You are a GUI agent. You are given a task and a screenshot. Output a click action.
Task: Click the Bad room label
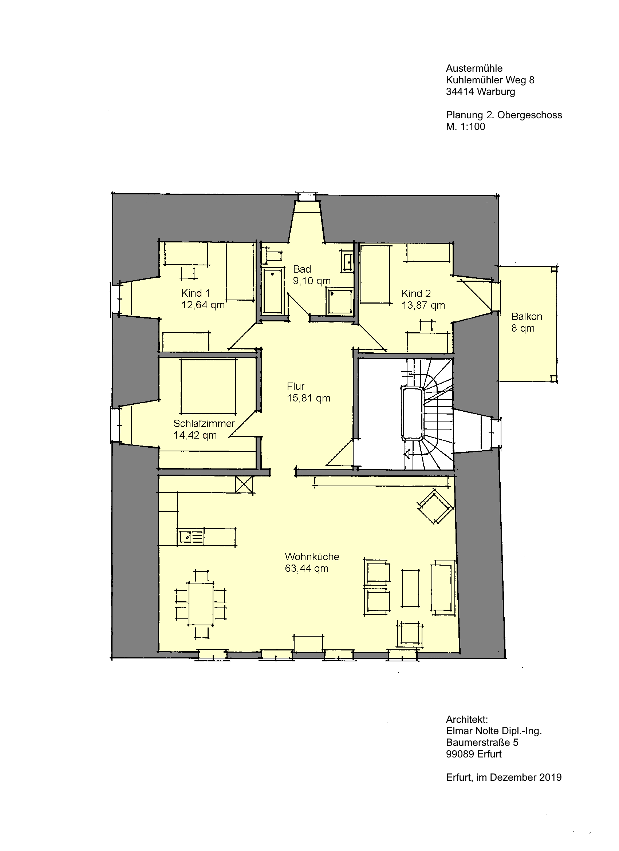[x=302, y=269]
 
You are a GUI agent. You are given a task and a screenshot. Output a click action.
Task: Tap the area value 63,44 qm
[x=307, y=568]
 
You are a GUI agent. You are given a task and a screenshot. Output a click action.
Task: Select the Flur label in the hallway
[x=295, y=386]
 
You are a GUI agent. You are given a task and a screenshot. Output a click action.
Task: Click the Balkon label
[x=527, y=316]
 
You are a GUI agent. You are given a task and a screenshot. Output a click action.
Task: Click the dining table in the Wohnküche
[x=201, y=604]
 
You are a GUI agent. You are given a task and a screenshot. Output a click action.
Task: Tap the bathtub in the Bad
[x=273, y=291]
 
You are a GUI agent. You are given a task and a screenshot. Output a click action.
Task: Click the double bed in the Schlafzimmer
[x=208, y=387]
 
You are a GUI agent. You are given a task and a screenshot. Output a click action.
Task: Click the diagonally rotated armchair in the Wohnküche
[x=435, y=506]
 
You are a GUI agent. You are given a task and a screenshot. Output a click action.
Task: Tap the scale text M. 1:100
[x=465, y=126]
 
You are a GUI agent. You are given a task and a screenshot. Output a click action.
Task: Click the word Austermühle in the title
[x=474, y=68]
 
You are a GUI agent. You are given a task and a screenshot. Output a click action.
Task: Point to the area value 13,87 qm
[x=423, y=305]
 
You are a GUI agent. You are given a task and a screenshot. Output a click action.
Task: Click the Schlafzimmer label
[x=204, y=423]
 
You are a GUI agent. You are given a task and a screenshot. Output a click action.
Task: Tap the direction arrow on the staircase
[x=406, y=455]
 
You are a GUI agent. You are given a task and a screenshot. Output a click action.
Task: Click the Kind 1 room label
[x=195, y=293]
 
